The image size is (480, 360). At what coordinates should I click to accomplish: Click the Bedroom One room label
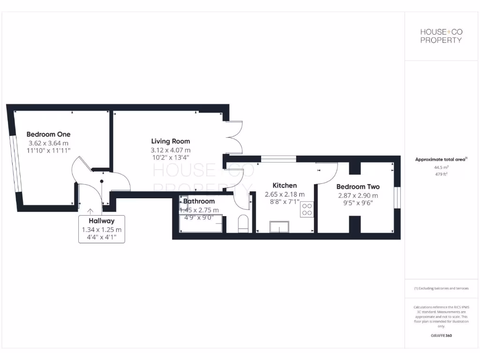tap(48, 134)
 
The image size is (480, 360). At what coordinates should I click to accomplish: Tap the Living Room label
tap(170, 141)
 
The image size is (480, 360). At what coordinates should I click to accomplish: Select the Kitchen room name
tap(285, 186)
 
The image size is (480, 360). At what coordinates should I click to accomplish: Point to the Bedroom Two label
tap(358, 187)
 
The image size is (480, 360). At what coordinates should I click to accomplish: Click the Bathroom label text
tap(199, 202)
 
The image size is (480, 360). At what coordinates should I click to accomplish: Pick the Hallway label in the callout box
tap(101, 221)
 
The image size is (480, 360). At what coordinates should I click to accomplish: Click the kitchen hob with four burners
tap(307, 209)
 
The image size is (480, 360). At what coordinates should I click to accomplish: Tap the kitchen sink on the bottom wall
tap(281, 227)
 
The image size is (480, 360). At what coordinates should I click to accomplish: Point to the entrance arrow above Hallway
tap(90, 212)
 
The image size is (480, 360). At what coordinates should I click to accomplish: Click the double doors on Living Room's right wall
tap(234, 137)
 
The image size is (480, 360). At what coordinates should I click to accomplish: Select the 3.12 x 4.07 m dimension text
tap(170, 150)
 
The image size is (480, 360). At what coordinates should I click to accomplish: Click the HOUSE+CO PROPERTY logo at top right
tap(441, 36)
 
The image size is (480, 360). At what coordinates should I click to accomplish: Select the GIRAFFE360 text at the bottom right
tap(441, 336)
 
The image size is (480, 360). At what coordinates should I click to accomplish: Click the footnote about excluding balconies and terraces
tap(441, 288)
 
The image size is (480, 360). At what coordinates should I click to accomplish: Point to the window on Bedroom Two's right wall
tap(397, 197)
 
